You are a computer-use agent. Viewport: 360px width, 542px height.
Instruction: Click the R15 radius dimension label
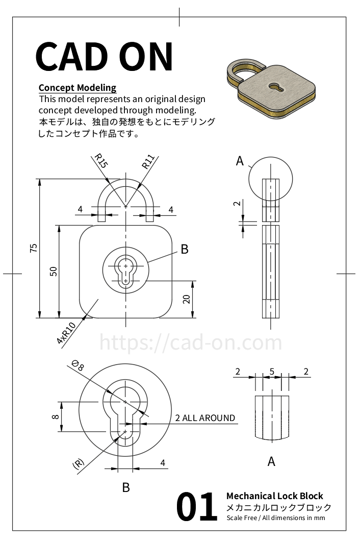[x=100, y=161]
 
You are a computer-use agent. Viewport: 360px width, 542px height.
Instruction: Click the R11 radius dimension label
[x=148, y=162]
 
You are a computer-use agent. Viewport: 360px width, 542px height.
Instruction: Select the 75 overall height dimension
[x=34, y=249]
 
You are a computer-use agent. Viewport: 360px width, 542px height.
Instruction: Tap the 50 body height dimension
[x=53, y=271]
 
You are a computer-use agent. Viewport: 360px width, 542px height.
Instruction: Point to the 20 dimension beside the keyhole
[x=187, y=300]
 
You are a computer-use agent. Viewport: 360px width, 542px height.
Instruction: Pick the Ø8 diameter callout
[x=78, y=365]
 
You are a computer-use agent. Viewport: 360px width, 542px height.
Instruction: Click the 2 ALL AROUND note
[x=205, y=418]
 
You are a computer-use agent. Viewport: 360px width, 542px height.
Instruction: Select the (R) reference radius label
[x=78, y=464]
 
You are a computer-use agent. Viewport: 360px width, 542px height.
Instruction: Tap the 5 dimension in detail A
[x=272, y=372]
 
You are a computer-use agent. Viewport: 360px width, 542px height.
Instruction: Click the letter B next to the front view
[x=185, y=249]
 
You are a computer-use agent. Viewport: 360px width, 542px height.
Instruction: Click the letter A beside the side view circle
[x=240, y=161]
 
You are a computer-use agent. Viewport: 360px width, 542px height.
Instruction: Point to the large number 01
[x=197, y=507]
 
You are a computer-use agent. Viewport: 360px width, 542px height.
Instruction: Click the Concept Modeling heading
[x=78, y=88]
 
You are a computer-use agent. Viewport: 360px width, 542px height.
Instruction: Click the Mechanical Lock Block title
[x=274, y=496]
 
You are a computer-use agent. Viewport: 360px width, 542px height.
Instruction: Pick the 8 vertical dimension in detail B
[x=55, y=416]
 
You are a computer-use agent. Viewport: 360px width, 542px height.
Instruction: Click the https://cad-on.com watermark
[x=190, y=342]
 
